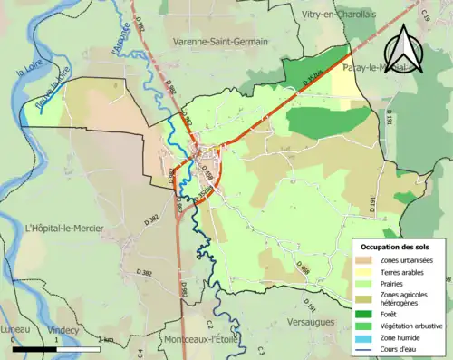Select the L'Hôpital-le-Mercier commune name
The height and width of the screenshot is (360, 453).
pos(64,228)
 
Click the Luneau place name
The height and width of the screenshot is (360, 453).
pos(15,329)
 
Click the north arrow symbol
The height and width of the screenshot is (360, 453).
pos(400,52)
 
